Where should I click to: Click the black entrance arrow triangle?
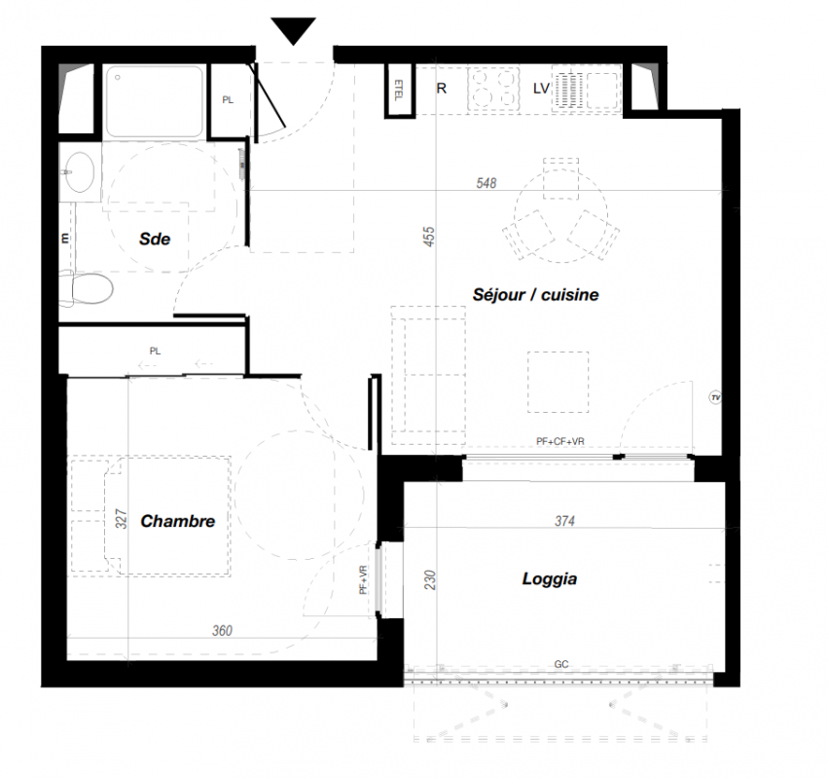pyautogui.click(x=294, y=29)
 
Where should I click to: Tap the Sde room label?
pyautogui.click(x=155, y=239)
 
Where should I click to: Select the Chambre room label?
pyautogui.click(x=178, y=521)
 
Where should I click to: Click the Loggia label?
pyautogui.click(x=550, y=579)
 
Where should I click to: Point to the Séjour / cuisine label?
pyautogui.click(x=535, y=294)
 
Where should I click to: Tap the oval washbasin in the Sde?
pyautogui.click(x=80, y=172)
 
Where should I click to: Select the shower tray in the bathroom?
pyautogui.click(x=154, y=101)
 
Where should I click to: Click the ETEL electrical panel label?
pyautogui.click(x=399, y=90)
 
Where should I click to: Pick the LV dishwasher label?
pyautogui.click(x=541, y=89)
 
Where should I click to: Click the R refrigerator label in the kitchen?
pyautogui.click(x=442, y=89)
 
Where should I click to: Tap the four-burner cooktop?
pyautogui.click(x=492, y=89)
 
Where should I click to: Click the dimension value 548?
pyautogui.click(x=487, y=183)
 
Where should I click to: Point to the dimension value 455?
pyautogui.click(x=429, y=236)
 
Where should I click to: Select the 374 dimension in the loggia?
pyautogui.click(x=564, y=521)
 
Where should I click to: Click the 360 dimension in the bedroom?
pyautogui.click(x=222, y=630)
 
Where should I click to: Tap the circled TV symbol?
pyautogui.click(x=715, y=397)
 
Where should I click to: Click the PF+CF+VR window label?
pyautogui.click(x=560, y=441)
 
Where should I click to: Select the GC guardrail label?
pyautogui.click(x=561, y=664)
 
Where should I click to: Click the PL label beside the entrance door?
pyautogui.click(x=228, y=100)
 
